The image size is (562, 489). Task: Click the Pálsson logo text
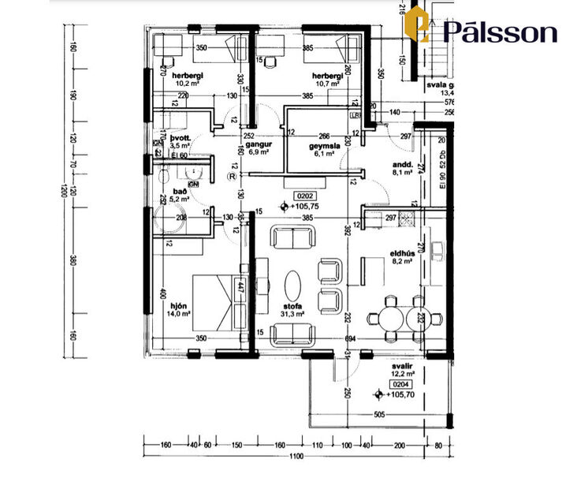[500, 32]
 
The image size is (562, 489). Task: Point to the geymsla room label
[325, 146]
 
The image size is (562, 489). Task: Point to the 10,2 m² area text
[188, 82]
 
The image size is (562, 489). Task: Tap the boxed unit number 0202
[304, 195]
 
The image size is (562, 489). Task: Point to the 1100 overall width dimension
[296, 456]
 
